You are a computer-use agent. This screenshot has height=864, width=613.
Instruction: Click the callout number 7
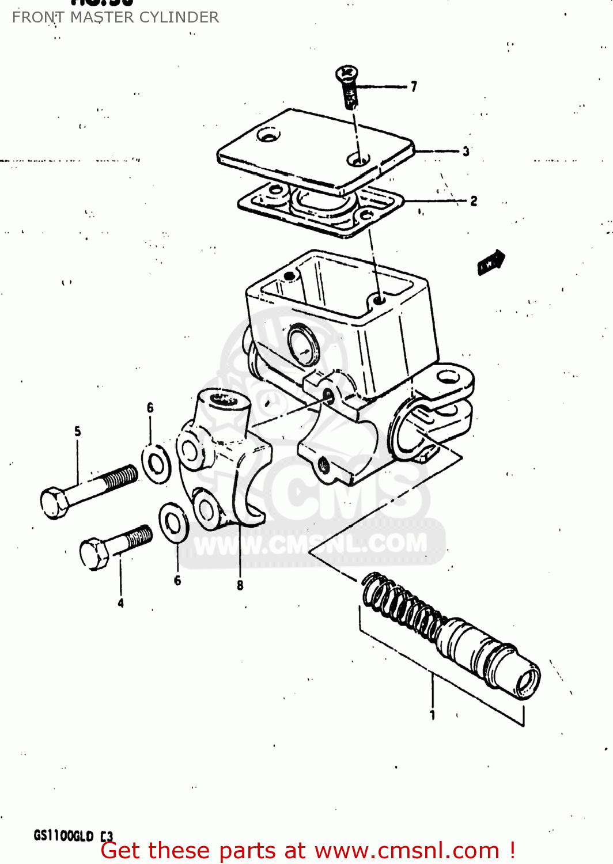(414, 86)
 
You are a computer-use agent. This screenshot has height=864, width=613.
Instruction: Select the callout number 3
(466, 151)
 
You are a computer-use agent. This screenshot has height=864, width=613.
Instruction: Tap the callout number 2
(474, 201)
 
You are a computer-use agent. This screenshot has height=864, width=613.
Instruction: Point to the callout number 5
(78, 431)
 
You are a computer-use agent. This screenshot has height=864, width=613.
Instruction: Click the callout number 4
(120, 603)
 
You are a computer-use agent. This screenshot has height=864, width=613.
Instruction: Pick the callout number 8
(240, 585)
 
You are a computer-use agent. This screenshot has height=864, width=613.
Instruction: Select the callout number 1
(432, 715)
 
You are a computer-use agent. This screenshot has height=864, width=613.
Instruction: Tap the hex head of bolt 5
(54, 503)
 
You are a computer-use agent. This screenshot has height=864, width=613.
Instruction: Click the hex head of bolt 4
(94, 553)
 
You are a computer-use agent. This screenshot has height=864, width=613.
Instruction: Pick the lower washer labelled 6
(173, 522)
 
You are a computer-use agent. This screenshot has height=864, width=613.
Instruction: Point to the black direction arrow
(491, 262)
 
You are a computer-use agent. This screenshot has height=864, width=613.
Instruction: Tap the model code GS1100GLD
(63, 835)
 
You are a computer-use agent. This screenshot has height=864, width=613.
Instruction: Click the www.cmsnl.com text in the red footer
(407, 851)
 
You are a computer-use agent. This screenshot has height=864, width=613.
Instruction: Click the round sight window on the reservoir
(303, 344)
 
